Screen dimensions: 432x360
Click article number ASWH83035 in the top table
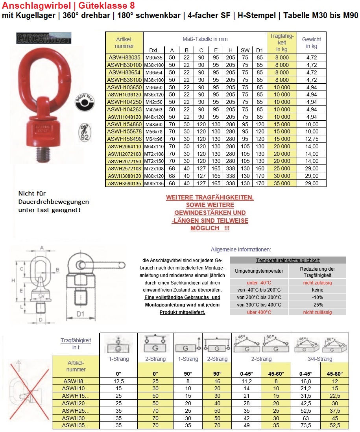click(x=124, y=57)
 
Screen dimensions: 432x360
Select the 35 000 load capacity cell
click(x=282, y=183)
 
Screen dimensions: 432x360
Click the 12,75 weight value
click(x=311, y=138)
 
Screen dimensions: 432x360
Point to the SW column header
click(x=245, y=50)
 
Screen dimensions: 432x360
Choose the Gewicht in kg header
click(x=311, y=42)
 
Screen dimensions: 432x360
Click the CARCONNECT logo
click(x=44, y=39)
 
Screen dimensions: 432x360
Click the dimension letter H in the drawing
click(x=13, y=281)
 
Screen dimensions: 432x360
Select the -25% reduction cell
click(x=317, y=305)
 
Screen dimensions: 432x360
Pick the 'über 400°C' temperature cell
click(x=259, y=312)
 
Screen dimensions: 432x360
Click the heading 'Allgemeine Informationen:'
click(x=241, y=249)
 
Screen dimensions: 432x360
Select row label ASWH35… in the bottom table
click(x=76, y=425)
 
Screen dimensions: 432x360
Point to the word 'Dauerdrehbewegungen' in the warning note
click(x=54, y=201)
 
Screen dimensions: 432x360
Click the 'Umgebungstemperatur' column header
click(x=259, y=271)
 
